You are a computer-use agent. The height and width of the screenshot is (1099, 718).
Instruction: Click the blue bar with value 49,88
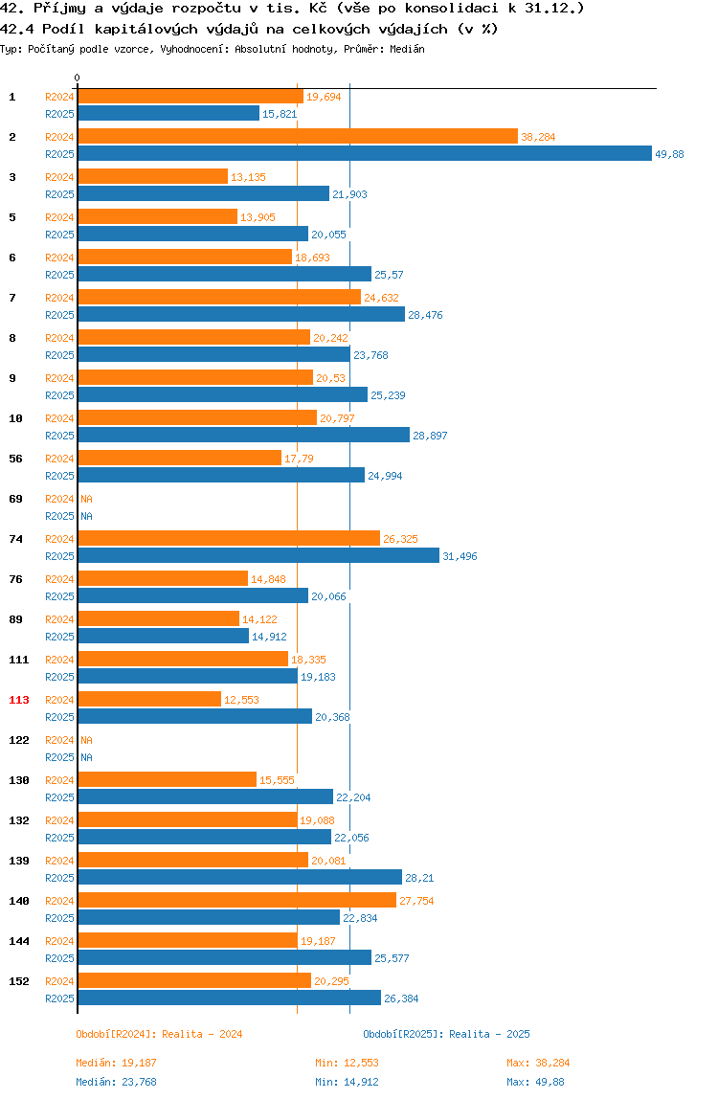click(365, 153)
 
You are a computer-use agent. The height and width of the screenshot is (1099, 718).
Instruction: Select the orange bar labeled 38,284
click(298, 137)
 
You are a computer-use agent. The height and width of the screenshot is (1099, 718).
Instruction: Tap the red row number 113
click(19, 700)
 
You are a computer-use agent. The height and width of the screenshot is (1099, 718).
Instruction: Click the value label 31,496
click(460, 556)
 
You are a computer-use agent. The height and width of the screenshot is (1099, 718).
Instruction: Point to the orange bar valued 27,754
click(237, 901)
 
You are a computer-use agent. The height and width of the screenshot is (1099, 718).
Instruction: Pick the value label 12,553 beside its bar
click(241, 700)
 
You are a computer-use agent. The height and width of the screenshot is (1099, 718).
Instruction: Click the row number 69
click(15, 499)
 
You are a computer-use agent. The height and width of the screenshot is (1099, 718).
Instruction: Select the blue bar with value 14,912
click(164, 637)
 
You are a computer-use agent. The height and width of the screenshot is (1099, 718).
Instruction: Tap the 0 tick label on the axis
click(78, 78)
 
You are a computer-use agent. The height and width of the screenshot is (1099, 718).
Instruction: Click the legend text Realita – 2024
click(202, 1035)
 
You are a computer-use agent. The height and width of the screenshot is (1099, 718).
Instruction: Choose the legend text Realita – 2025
click(489, 1035)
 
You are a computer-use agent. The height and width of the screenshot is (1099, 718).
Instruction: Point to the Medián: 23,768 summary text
click(117, 1082)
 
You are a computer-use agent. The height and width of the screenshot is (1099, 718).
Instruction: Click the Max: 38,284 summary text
click(538, 1064)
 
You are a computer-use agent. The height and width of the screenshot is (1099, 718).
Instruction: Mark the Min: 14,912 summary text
click(348, 1082)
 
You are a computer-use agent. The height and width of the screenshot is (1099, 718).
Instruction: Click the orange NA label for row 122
click(86, 740)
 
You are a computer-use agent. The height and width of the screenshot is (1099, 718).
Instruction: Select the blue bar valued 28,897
click(244, 436)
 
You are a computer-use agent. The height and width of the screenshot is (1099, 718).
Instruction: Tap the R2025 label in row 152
click(59, 998)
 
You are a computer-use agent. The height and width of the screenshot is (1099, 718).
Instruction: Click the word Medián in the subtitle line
click(408, 49)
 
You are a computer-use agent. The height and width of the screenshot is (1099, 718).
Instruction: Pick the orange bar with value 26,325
click(229, 538)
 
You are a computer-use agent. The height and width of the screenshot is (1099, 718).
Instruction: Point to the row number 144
click(19, 941)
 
